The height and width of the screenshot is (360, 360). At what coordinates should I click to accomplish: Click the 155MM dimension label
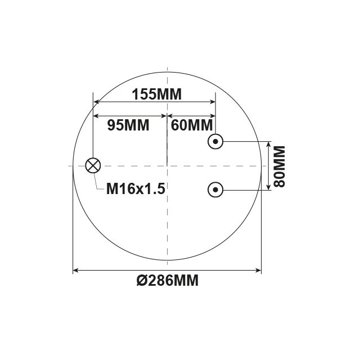pyautogui.click(x=156, y=94)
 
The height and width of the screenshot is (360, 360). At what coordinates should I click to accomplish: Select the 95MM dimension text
pyautogui.click(x=128, y=125)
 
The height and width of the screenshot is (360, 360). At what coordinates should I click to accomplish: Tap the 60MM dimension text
pyautogui.click(x=192, y=125)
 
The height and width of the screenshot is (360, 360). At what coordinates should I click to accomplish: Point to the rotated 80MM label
pyautogui.click(x=280, y=166)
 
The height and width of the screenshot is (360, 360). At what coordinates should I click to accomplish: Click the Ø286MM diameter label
pyautogui.click(x=168, y=281)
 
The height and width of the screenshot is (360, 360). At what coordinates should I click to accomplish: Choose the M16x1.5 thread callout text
pyautogui.click(x=136, y=189)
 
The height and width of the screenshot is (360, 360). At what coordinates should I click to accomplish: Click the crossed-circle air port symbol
pyautogui.click(x=93, y=165)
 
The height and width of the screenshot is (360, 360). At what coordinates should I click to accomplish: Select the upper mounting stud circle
pyautogui.click(x=215, y=141)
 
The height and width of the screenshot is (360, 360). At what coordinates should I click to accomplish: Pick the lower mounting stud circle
pyautogui.click(x=215, y=190)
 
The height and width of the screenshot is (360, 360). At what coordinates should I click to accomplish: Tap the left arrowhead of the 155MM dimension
pyautogui.click(x=96, y=102)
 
